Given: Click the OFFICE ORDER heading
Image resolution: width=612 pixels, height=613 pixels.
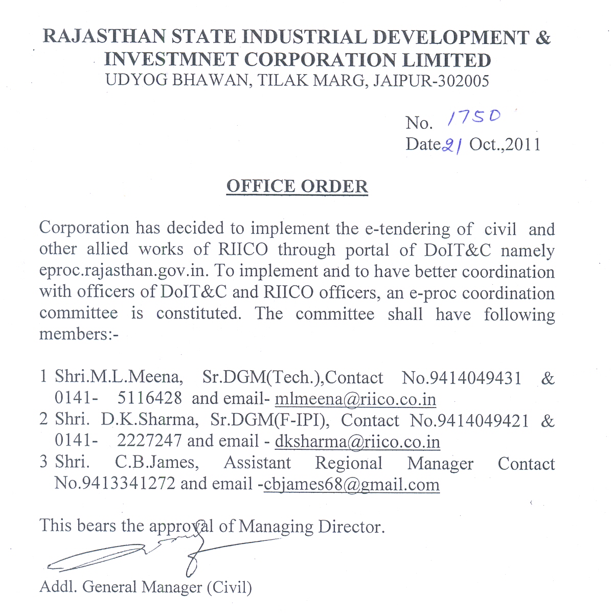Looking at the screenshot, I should [x=297, y=186].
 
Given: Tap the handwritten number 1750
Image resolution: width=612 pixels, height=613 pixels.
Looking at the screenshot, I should [x=474, y=118].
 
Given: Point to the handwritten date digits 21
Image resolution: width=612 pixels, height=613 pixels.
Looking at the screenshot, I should [x=452, y=146].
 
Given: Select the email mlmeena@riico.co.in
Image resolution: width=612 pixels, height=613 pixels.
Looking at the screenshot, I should [x=355, y=399].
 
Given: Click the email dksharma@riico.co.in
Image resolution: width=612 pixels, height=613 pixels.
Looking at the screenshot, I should [x=357, y=441].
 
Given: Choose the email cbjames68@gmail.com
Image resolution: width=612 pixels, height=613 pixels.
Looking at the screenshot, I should [x=351, y=484].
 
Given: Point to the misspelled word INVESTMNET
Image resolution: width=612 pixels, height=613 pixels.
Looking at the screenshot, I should [x=171, y=60].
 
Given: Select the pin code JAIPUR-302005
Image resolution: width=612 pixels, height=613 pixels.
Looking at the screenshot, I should [x=431, y=81].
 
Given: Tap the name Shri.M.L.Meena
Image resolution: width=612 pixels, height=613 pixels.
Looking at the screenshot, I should [x=118, y=377].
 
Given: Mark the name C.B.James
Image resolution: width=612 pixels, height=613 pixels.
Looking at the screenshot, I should [x=156, y=463].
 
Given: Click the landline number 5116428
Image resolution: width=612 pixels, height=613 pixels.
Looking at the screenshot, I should [x=149, y=398].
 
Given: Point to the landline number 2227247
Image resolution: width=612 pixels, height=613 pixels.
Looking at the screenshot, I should [x=149, y=441].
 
